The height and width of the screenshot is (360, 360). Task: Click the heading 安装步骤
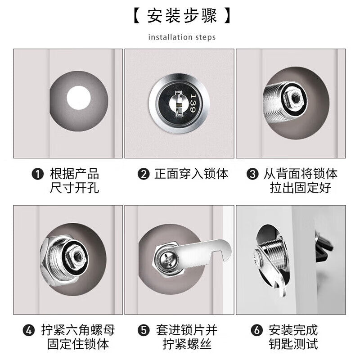182,16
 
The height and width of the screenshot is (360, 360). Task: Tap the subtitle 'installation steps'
182,37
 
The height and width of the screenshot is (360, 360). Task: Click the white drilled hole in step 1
78,98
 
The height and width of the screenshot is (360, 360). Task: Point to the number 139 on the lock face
193,103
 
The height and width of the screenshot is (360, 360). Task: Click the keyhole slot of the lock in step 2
179,104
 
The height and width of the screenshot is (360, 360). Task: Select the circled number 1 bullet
37,174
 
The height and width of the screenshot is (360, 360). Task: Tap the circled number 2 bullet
144,174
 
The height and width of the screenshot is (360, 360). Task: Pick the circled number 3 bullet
252,174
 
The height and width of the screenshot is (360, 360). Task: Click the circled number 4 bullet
29,330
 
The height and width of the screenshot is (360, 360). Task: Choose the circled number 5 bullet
144,330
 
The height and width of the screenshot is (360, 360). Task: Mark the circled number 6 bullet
256,330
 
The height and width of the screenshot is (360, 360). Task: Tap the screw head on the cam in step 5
167,260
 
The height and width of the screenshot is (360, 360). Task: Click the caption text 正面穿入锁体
191,174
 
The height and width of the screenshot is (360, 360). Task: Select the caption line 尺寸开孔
74,188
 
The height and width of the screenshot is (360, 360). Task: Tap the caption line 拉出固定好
301,188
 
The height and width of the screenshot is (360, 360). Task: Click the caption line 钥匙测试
293,344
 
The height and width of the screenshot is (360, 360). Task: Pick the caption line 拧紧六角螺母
78,330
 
